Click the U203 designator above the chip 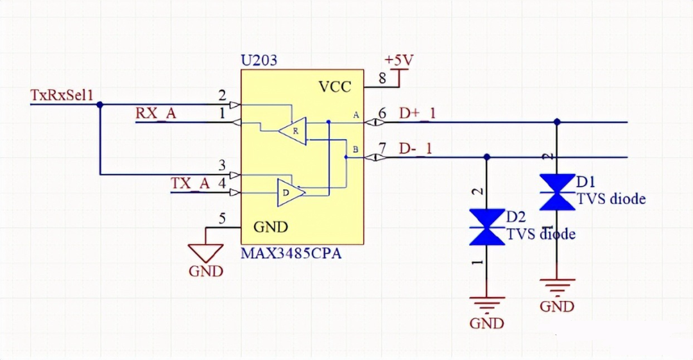(x=259, y=61)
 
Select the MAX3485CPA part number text (x=291, y=253)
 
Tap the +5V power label (x=398, y=60)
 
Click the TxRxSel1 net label (x=62, y=95)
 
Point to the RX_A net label (x=155, y=114)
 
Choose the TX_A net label (x=190, y=183)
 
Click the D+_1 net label (x=417, y=114)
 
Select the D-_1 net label (x=415, y=148)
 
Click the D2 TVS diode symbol (x=487, y=227)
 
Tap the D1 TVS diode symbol (x=557, y=192)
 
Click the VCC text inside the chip (x=335, y=87)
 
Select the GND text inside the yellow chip (x=271, y=227)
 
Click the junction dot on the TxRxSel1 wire (x=99, y=104)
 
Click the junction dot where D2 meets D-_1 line (x=487, y=157)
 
